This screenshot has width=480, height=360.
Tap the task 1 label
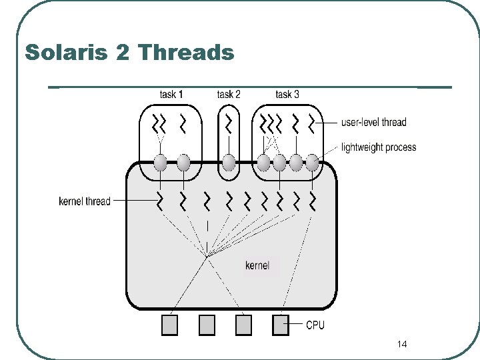(171, 94)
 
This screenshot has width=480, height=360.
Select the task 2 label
(229, 94)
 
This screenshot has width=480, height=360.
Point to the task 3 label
(287, 94)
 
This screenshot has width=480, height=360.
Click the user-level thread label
(373, 123)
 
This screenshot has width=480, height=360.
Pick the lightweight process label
(378, 147)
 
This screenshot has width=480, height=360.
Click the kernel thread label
(85, 201)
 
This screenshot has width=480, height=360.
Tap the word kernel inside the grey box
(257, 265)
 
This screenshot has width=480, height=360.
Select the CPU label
(315, 325)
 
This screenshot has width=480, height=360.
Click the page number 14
(401, 344)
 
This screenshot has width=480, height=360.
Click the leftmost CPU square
(170, 325)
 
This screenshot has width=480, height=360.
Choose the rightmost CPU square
(281, 325)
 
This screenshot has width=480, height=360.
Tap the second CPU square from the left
(207, 325)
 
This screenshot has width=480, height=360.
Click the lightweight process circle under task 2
(229, 162)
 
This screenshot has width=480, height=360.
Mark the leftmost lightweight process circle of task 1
(160, 162)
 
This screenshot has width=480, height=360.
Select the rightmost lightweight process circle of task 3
(311, 162)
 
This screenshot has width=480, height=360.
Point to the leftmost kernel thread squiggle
(160, 199)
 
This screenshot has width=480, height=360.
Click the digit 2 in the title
(122, 52)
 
